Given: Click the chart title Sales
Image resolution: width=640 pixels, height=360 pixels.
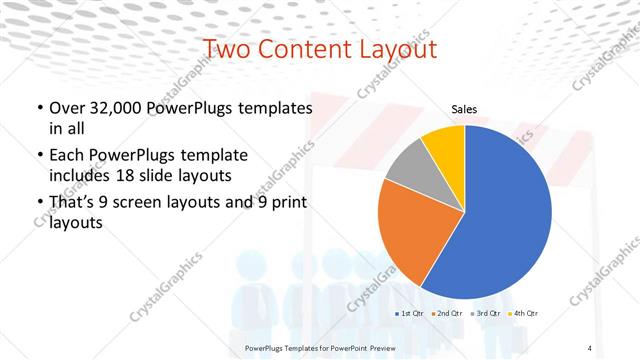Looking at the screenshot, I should pyautogui.click(x=464, y=109).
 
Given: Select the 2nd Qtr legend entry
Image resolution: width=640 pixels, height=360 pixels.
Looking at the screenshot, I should pyautogui.click(x=448, y=314).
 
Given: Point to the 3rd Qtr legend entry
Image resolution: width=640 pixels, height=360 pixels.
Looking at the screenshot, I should pyautogui.click(x=486, y=314).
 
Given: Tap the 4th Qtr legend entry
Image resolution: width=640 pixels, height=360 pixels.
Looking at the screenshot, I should pyautogui.click(x=524, y=314).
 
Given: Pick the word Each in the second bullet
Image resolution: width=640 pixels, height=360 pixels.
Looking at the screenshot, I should pyautogui.click(x=67, y=156).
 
